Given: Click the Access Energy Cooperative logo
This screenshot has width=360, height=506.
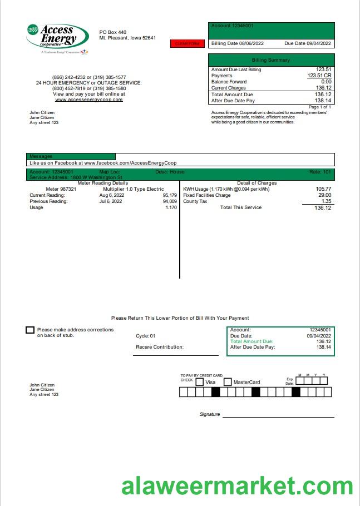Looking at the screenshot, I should coord(57,38).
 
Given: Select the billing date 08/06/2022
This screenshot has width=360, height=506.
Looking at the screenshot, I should coord(245,43).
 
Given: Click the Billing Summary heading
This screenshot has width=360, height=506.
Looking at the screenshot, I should coord(271,60).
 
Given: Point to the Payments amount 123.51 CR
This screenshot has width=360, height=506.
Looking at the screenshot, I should coord(319,76).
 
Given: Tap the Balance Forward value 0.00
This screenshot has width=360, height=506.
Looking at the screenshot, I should coord(326,82).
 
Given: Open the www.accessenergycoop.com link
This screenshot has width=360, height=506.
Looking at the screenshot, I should coord(88,100).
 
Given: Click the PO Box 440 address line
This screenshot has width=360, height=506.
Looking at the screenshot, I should coord(113,32).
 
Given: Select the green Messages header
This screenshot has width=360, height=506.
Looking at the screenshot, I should coord(71,156).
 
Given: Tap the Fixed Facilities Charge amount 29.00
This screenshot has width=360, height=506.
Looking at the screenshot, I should coord(324,195).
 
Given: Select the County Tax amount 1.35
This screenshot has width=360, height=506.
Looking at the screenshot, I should coord(326,201).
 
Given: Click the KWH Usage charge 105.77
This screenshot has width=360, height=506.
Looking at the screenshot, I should coord(323,189).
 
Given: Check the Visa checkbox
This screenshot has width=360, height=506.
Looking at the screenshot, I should coord(199,382).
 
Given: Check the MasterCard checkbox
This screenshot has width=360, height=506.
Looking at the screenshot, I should coord(228,382).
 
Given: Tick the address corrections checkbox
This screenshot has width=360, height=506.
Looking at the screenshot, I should coord(30,330).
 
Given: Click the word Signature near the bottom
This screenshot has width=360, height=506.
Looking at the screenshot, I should coord(210,414).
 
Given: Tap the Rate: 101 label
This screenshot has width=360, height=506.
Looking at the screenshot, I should coord(320,172).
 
